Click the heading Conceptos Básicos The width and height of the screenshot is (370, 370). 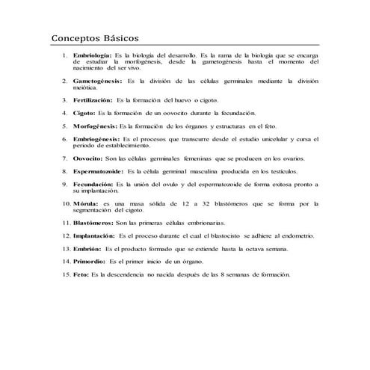tap(94, 37)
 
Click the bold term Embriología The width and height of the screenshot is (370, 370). tap(92, 56)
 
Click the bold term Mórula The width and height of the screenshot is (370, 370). tap(86, 203)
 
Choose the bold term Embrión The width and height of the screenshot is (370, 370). tap(87, 248)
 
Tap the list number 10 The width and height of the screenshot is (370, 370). tap(65, 203)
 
